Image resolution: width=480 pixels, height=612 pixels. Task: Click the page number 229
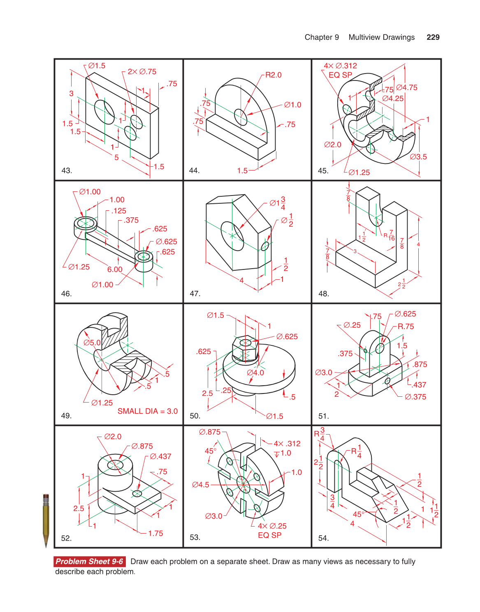click(433, 37)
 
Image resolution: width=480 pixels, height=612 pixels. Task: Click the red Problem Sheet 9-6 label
click(89, 561)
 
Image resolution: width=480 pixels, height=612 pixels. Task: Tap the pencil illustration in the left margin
click(46, 520)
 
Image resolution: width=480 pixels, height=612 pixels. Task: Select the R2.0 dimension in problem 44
click(273, 75)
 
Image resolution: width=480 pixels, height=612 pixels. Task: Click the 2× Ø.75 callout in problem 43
click(142, 71)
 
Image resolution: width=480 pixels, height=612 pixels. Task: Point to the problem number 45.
click(323, 170)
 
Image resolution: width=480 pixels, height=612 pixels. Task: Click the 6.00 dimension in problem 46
click(115, 269)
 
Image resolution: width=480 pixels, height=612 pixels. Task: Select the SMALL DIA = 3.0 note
click(147, 411)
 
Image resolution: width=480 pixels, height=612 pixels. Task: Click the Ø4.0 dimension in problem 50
click(255, 373)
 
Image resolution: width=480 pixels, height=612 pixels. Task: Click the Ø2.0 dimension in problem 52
click(113, 436)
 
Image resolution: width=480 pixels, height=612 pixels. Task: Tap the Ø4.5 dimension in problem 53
click(200, 485)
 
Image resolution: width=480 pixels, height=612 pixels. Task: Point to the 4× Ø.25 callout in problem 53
click(272, 526)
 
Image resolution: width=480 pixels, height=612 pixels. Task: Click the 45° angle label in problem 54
click(358, 514)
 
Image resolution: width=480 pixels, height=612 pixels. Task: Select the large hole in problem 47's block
click(232, 235)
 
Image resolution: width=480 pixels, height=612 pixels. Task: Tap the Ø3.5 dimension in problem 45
click(418, 157)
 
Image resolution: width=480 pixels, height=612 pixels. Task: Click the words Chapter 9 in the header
click(322, 37)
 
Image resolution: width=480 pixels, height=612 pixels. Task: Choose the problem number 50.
click(195, 416)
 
